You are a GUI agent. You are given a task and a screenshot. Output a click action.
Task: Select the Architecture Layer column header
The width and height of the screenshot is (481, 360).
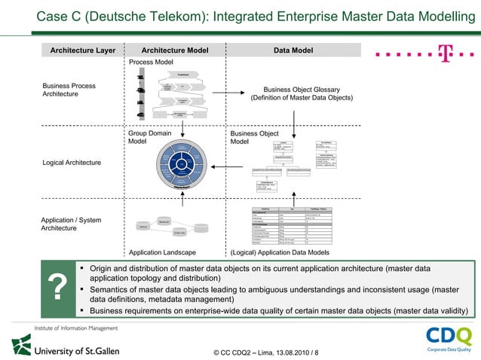[82, 50]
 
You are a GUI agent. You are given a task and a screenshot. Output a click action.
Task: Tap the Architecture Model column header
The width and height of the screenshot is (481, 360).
[175, 50]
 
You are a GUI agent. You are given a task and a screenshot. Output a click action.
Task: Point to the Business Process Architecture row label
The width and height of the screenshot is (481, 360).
[70, 90]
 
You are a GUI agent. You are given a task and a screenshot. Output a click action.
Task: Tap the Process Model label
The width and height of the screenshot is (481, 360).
[151, 62]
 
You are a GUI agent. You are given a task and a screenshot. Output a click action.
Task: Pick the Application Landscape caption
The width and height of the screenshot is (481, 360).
[163, 252]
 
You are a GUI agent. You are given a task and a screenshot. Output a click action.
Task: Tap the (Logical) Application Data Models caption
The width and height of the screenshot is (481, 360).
[279, 252]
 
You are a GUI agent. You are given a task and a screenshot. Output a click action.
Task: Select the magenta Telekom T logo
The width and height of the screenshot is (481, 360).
[446, 53]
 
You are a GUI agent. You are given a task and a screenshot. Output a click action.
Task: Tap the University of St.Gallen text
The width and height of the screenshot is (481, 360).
[75, 350]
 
